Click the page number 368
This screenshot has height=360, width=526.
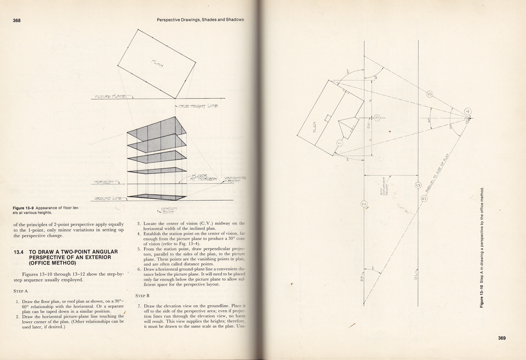[17, 20]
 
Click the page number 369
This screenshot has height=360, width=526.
[502, 338]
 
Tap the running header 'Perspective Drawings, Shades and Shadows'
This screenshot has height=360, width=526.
[200, 20]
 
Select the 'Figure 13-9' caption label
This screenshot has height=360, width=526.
[24, 208]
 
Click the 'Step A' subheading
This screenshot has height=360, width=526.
[21, 291]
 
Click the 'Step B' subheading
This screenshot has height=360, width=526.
[142, 295]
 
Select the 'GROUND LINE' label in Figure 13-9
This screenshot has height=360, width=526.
[108, 198]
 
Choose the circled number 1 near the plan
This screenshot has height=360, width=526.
[339, 143]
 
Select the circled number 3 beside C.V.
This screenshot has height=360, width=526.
[377, 118]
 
